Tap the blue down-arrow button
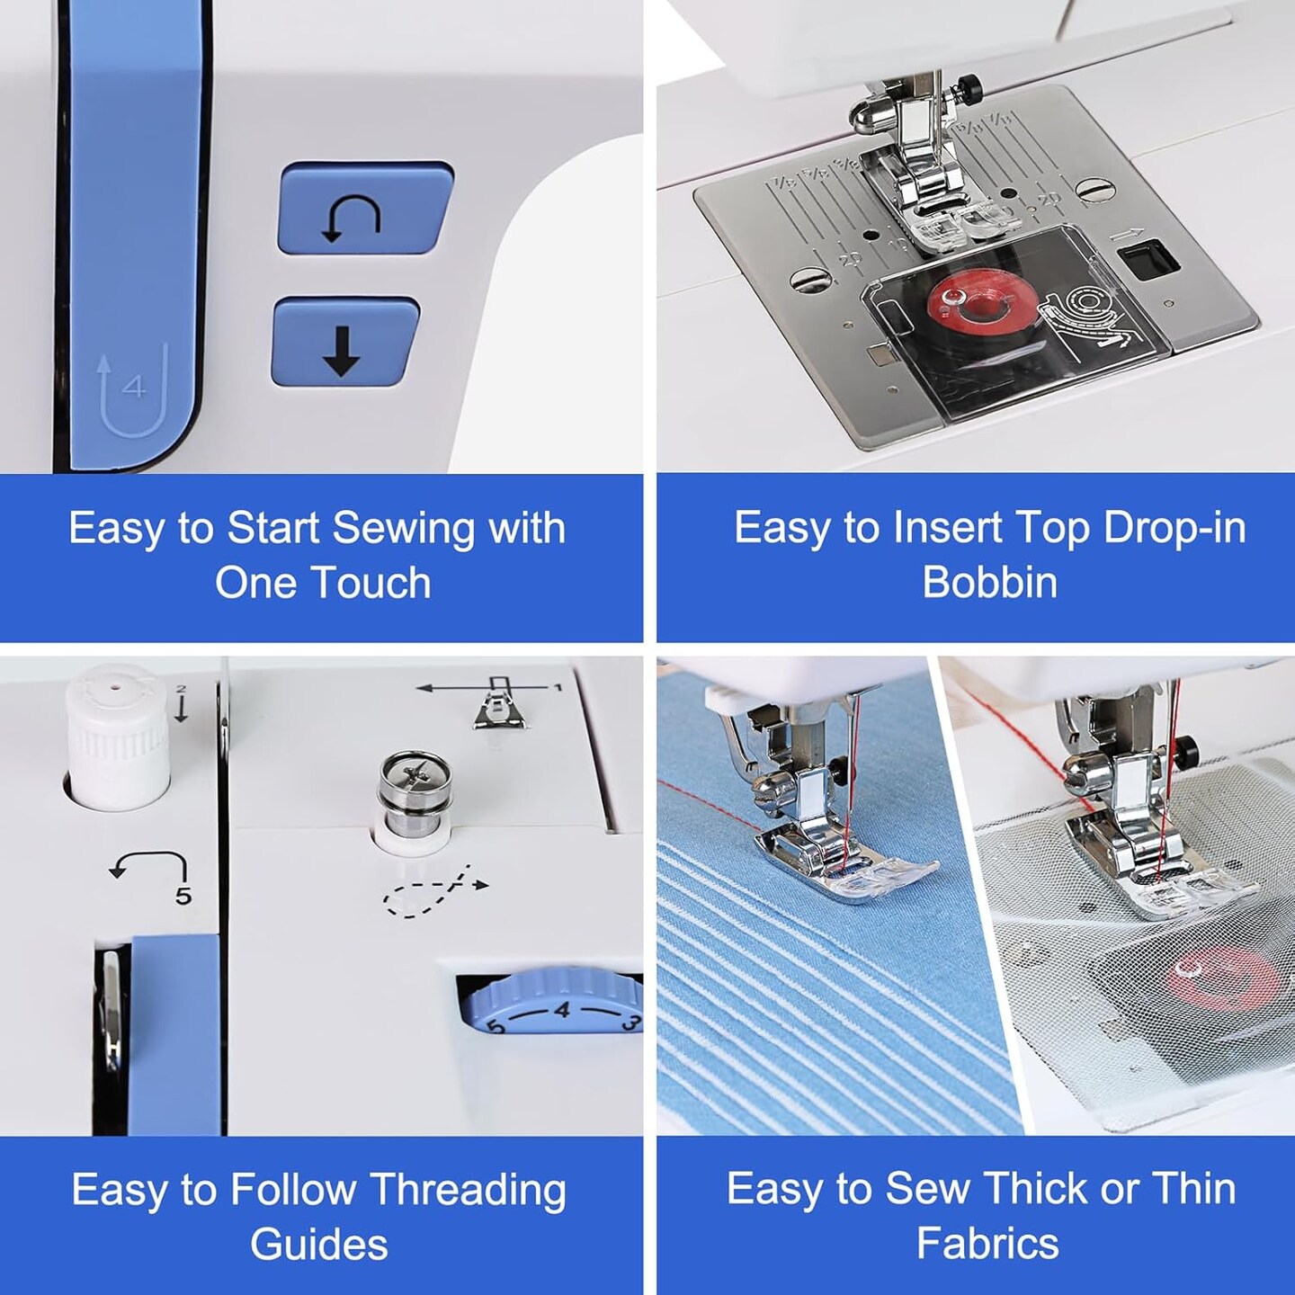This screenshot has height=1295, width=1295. pos(344,344)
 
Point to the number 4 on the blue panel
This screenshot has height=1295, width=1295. pos(134,387)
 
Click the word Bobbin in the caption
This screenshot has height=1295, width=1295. pos(989,582)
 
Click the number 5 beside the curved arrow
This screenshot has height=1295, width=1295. pos(183,896)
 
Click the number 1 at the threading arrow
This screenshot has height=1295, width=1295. pos(557,687)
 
